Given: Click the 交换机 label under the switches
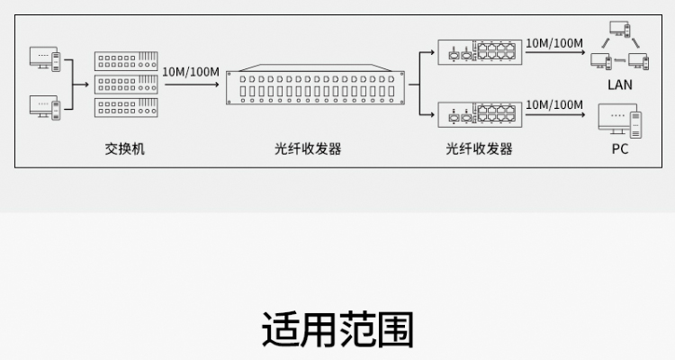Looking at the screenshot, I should [124, 148].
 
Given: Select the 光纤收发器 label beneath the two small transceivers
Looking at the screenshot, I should [479, 148].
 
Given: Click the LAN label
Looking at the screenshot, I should [620, 85].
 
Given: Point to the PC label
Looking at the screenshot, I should [620, 148].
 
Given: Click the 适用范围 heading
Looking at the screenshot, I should [337, 330].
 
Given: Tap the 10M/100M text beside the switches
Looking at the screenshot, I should [191, 70].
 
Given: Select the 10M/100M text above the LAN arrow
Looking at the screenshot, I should [554, 42].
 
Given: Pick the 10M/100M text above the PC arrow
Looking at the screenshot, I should [554, 105].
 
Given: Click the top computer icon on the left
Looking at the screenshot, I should [46, 59].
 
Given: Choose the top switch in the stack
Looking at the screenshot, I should [126, 61].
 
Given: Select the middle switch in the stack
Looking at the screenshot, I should [126, 85].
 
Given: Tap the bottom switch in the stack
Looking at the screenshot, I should [126, 108].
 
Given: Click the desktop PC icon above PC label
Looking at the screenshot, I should [621, 121].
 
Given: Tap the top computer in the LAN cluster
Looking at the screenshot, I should [619, 31].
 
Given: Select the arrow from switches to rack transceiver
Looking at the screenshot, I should [192, 85].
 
